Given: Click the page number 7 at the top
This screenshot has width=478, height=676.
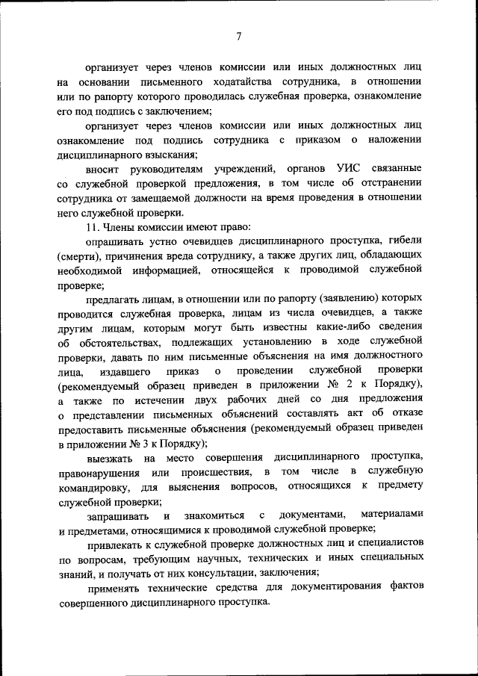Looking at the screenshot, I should [239, 35].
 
